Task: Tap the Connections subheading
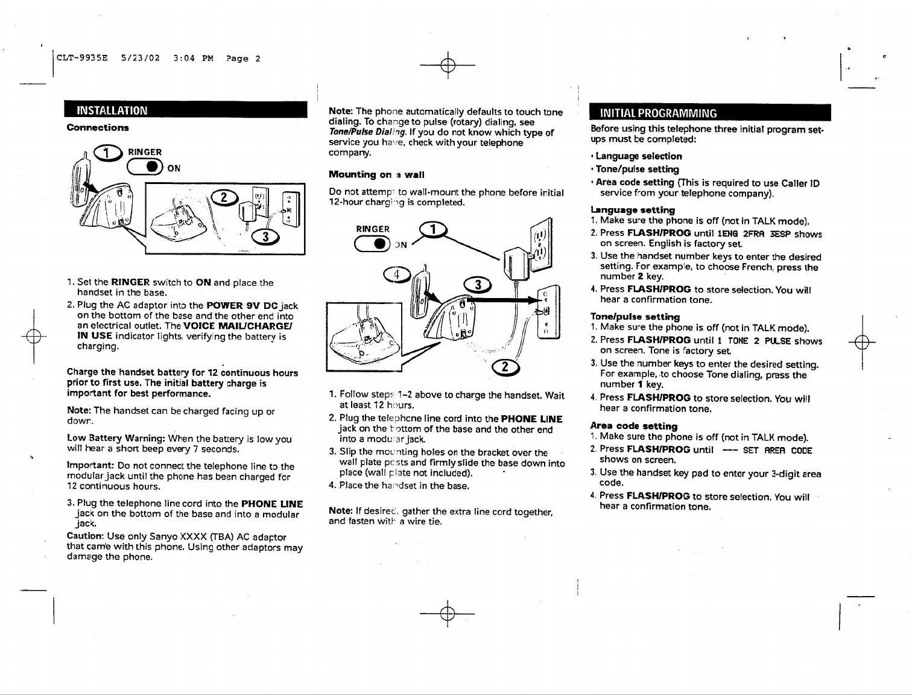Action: point(98,128)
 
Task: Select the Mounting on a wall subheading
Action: point(376,175)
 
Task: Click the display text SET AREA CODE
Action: point(777,450)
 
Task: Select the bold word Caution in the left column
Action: point(85,537)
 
